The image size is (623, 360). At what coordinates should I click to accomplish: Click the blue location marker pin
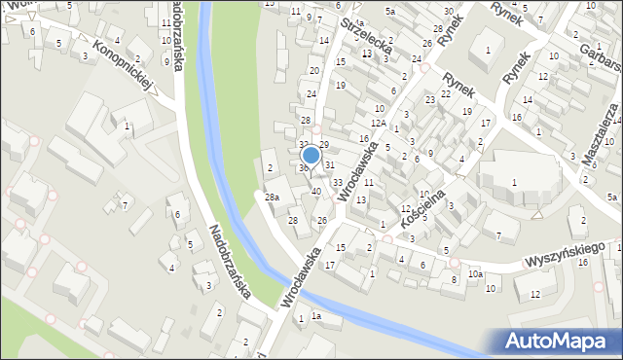pyautogui.click(x=311, y=156)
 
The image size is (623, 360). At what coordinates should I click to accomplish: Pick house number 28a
pyautogui.click(x=273, y=198)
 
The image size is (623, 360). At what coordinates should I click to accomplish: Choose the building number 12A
pyautogui.click(x=378, y=124)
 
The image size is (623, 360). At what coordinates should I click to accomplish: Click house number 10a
pyautogui.click(x=474, y=274)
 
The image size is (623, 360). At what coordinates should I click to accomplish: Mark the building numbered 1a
pyautogui.click(x=315, y=317)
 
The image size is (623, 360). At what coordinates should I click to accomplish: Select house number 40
pyautogui.click(x=315, y=191)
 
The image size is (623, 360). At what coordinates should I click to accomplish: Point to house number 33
pyautogui.click(x=337, y=182)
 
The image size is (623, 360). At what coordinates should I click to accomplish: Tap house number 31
pyautogui.click(x=330, y=164)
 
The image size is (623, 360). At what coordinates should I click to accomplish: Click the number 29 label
pyautogui.click(x=324, y=145)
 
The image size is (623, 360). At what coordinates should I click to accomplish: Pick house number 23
pyautogui.click(x=429, y=100)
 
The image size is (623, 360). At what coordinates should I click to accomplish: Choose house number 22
pyautogui.click(x=446, y=93)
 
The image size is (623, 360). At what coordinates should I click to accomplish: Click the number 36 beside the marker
pyautogui.click(x=303, y=168)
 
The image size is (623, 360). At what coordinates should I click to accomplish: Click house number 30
pyautogui.click(x=448, y=11)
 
